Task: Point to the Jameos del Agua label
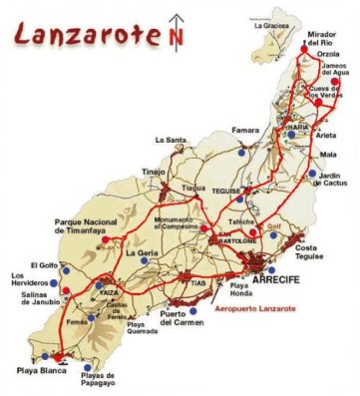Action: tap(336, 73)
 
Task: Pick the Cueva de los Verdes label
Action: tap(333, 100)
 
